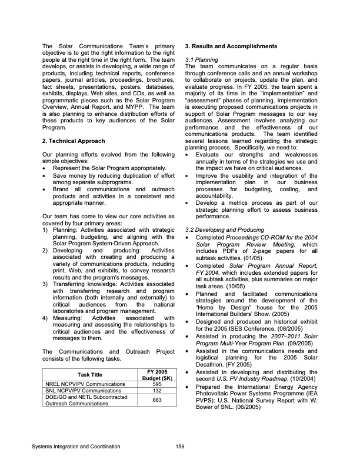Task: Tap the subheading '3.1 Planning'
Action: (202, 59)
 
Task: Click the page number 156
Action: (180, 447)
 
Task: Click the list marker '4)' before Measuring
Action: (46, 318)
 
